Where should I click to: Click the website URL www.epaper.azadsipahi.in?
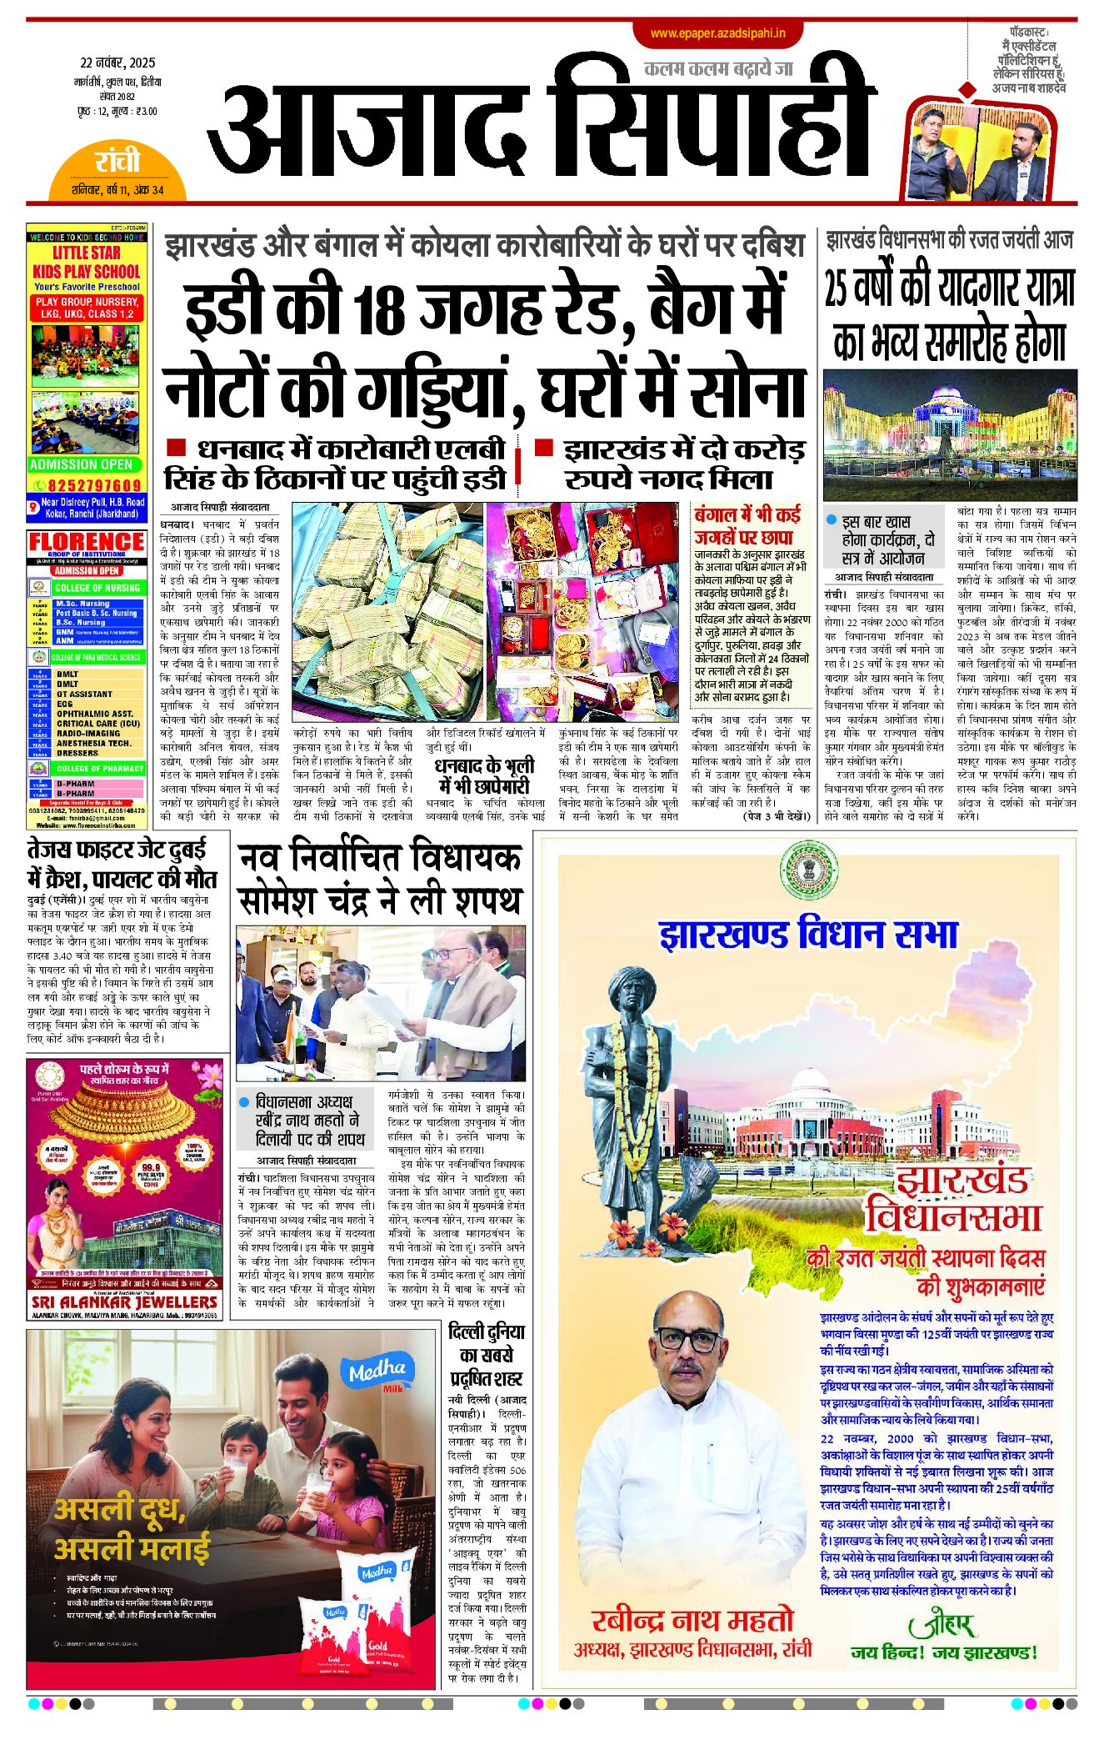[718, 33]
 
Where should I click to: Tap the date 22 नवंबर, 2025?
[117, 63]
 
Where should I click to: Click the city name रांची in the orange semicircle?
[117, 160]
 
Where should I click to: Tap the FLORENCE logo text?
[87, 541]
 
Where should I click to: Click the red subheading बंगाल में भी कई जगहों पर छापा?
[747, 526]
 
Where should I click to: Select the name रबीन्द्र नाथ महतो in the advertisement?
[692, 1620]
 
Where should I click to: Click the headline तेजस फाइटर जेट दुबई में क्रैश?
[122, 865]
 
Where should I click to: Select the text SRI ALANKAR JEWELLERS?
[124, 1302]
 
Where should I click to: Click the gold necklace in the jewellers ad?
[124, 1113]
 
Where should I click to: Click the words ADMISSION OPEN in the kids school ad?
[81, 464]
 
